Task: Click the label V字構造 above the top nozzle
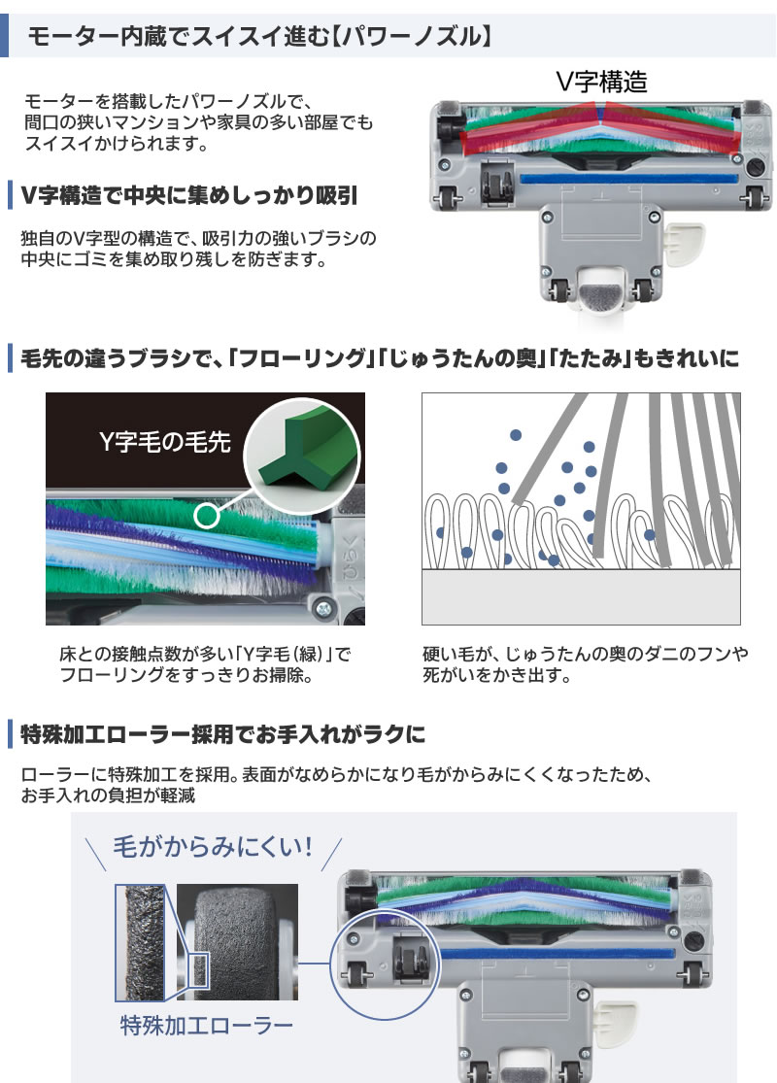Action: click(x=601, y=81)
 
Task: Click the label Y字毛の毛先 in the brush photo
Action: click(x=165, y=443)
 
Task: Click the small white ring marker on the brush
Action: click(x=206, y=515)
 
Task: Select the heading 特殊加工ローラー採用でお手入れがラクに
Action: click(x=222, y=733)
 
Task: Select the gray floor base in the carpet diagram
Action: click(x=581, y=596)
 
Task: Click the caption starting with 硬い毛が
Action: click(x=586, y=663)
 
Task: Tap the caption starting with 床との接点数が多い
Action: click(x=204, y=663)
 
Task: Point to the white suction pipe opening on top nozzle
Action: click(x=599, y=291)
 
